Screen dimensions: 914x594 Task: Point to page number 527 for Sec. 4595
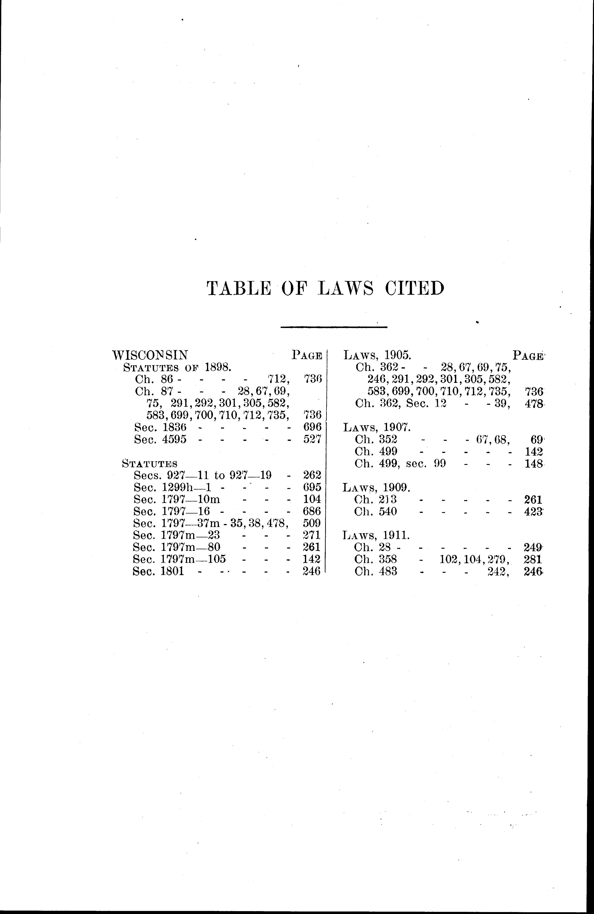(x=312, y=439)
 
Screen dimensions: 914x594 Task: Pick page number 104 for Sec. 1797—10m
(x=312, y=499)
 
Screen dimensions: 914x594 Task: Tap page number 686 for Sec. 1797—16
(x=312, y=511)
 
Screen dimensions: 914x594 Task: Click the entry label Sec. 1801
(x=158, y=571)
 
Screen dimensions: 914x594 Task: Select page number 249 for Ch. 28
(x=533, y=547)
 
